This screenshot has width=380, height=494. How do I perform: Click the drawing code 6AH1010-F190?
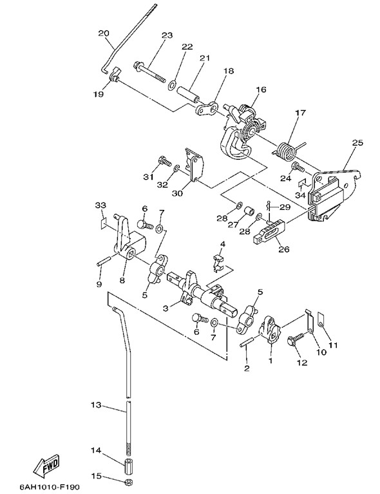(50, 487)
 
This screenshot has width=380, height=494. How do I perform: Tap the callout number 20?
(104, 33)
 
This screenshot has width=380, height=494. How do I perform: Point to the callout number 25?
(357, 143)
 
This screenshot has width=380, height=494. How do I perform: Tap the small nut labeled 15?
(128, 482)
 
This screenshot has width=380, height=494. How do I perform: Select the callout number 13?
(96, 404)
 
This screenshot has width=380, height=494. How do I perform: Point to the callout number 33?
(101, 205)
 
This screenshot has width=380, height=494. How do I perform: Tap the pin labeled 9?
(104, 261)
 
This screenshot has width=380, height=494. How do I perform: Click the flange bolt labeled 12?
(296, 340)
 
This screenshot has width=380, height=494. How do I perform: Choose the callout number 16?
(261, 90)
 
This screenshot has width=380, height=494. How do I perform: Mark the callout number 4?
(223, 243)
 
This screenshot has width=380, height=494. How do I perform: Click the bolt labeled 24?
(298, 167)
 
